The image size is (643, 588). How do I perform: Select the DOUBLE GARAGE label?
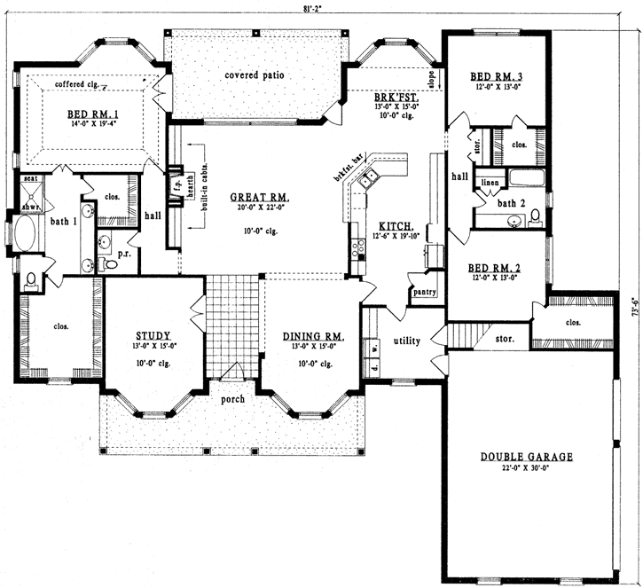pyautogui.click(x=526, y=457)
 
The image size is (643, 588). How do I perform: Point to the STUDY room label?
pyautogui.click(x=153, y=335)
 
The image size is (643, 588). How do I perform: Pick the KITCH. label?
pyautogui.click(x=391, y=227)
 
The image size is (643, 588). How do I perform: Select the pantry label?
pyautogui.click(x=422, y=292)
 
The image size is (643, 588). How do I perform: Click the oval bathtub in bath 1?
pyautogui.click(x=26, y=235)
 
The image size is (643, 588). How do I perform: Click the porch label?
pyautogui.click(x=231, y=399)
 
